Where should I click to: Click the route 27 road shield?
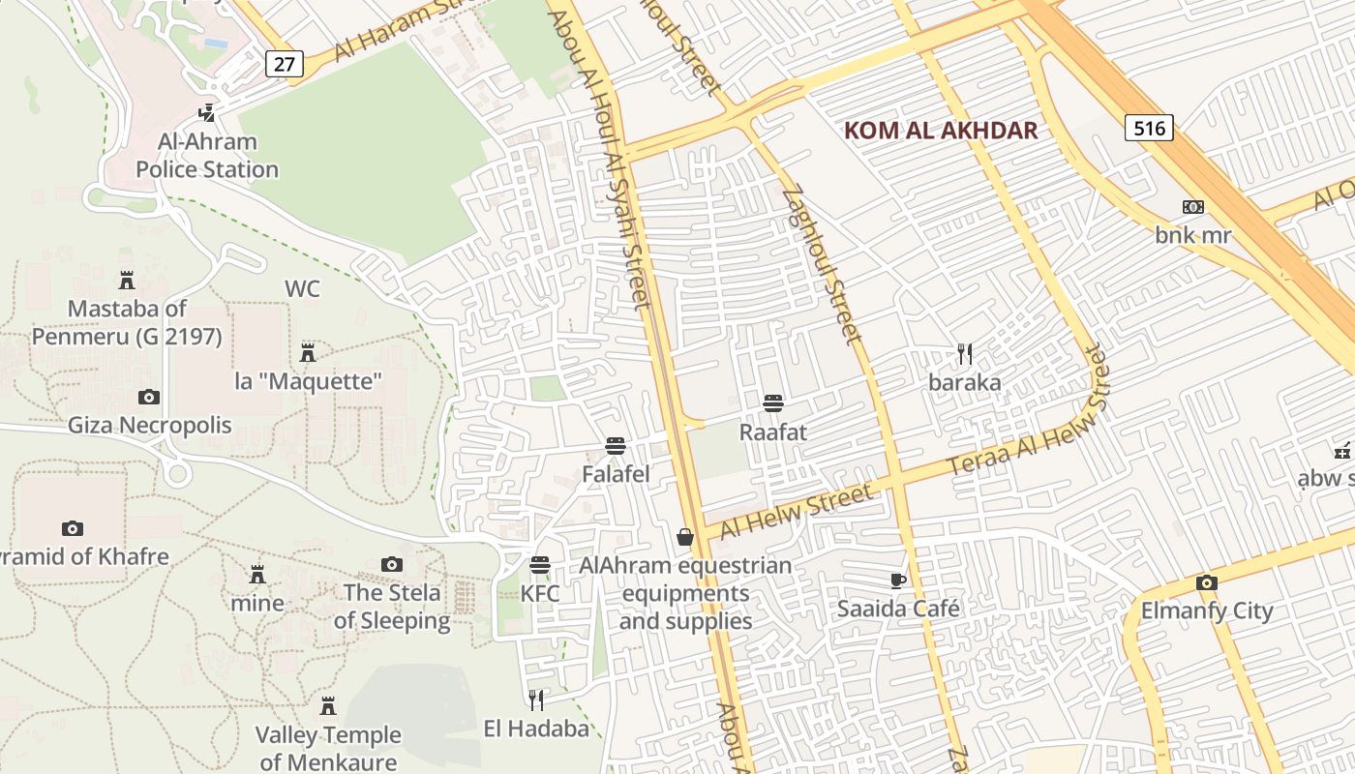pyautogui.click(x=285, y=64)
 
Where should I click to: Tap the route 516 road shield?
pyautogui.click(x=1149, y=128)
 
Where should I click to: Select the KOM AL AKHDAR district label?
pyautogui.click(x=941, y=131)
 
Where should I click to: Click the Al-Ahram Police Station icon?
pyautogui.click(x=206, y=113)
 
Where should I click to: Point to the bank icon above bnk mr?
pyautogui.click(x=1193, y=207)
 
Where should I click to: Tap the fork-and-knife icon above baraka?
pyautogui.click(x=964, y=354)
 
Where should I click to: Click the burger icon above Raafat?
pyautogui.click(x=772, y=403)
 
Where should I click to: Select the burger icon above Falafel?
pyautogui.click(x=615, y=446)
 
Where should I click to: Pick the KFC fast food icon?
pyautogui.click(x=540, y=565)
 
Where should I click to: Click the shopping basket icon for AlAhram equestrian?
pyautogui.click(x=685, y=537)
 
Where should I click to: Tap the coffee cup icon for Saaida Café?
pyautogui.click(x=898, y=580)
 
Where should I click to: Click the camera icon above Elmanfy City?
pyautogui.click(x=1206, y=582)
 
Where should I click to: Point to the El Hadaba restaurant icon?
pyautogui.click(x=536, y=700)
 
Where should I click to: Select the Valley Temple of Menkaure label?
pyautogui.click(x=328, y=748)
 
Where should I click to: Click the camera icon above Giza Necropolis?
pyautogui.click(x=149, y=397)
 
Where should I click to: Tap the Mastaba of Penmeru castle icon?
pyautogui.click(x=126, y=281)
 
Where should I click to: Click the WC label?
pyautogui.click(x=302, y=289)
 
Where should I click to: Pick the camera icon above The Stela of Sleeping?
pyautogui.click(x=391, y=564)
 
